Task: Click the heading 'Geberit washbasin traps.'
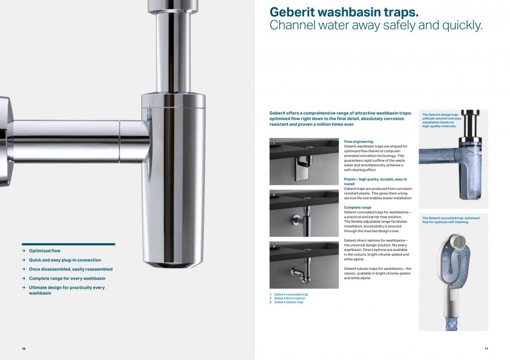[344, 12]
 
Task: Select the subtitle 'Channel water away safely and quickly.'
[376, 25]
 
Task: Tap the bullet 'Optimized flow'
[44, 251]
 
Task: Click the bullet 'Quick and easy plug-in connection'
[65, 260]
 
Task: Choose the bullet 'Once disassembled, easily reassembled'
[70, 269]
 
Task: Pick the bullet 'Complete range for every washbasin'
[67, 278]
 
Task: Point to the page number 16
[24, 348]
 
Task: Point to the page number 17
[486, 348]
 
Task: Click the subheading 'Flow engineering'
[358, 142]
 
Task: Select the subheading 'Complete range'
[358, 208]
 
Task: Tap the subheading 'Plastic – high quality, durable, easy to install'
[375, 181]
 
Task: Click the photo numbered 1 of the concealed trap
[304, 161]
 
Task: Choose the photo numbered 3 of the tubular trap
[304, 265]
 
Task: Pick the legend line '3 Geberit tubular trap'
[287, 302]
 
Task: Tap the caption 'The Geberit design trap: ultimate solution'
[442, 120]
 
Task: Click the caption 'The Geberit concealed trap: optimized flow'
[450, 220]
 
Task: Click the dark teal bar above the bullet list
[68, 244]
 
